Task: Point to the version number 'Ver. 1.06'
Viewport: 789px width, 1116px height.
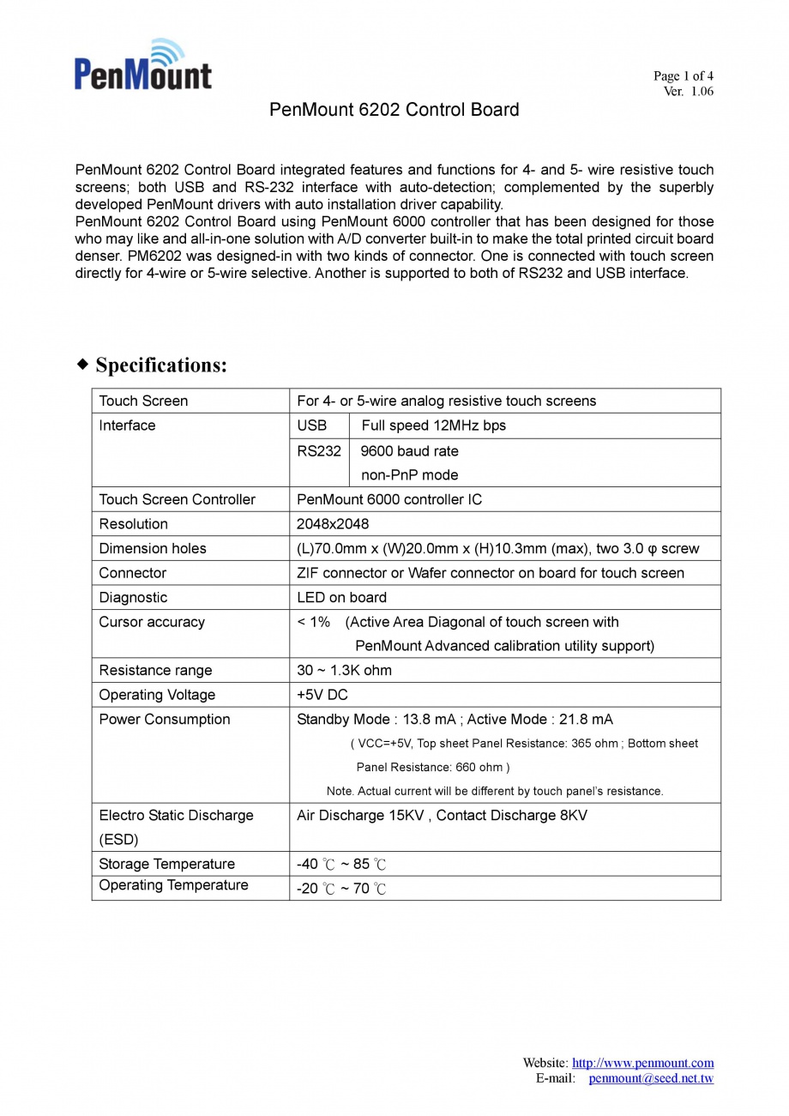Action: (688, 92)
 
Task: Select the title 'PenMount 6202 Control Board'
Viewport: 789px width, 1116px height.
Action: (394, 110)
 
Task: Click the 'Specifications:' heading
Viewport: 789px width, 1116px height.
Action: (160, 365)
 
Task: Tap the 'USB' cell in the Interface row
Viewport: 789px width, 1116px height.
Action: (312, 425)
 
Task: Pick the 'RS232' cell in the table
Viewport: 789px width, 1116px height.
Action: (319, 451)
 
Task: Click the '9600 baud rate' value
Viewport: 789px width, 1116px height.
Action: (410, 451)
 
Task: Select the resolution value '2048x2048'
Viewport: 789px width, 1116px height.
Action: (333, 524)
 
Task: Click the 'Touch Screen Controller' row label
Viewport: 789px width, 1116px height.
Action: (177, 499)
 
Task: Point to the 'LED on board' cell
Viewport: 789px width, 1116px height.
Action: (341, 597)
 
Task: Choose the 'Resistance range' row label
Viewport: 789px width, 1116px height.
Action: (155, 671)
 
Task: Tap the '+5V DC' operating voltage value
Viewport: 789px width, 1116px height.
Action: (322, 695)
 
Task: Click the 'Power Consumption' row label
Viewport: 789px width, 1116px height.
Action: (165, 720)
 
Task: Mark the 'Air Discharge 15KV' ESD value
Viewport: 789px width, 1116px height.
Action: (360, 816)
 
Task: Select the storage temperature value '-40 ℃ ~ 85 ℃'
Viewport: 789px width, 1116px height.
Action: (341, 864)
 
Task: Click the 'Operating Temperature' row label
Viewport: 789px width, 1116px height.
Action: (173, 885)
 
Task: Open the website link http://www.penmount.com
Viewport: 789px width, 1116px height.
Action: (642, 1063)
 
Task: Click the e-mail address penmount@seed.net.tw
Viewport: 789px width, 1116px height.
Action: (651, 1078)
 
